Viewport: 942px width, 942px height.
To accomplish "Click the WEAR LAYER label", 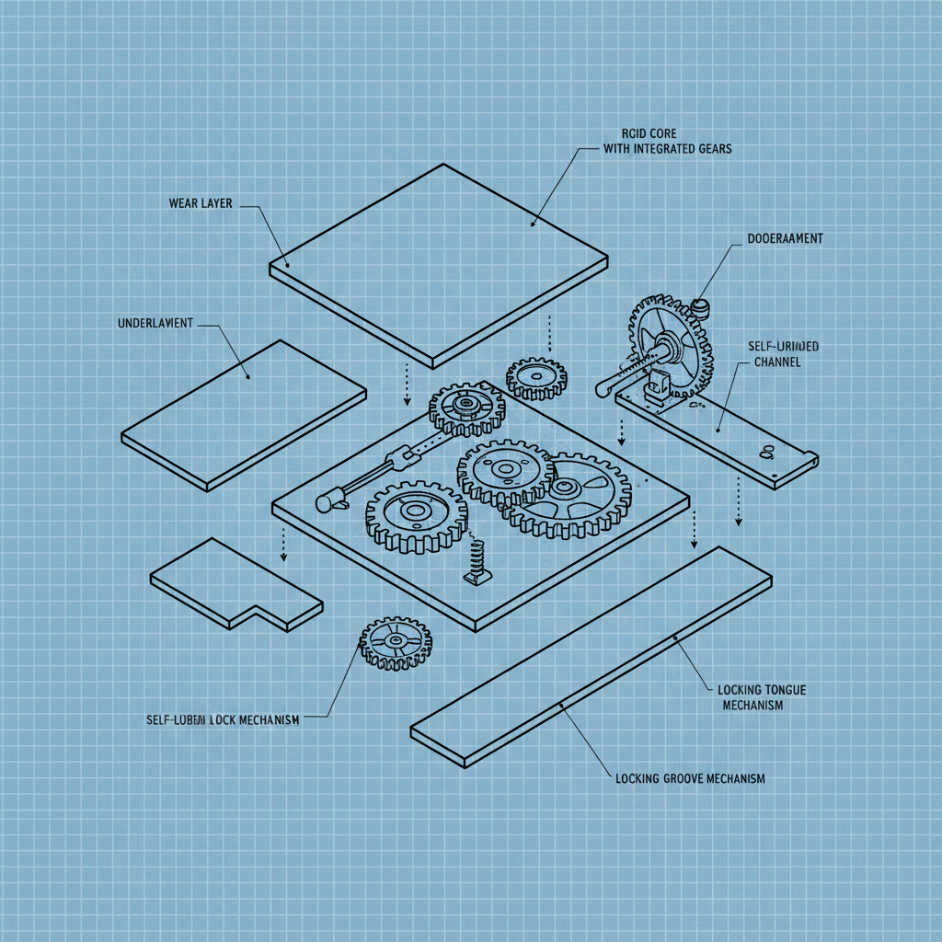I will click(201, 202).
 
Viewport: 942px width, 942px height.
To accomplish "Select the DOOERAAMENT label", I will click(780, 238).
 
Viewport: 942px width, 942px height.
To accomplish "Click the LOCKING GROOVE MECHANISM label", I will click(689, 778).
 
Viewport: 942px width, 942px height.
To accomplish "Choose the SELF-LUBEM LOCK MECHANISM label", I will click(223, 720).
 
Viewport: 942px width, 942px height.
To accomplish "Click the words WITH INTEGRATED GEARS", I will click(667, 149).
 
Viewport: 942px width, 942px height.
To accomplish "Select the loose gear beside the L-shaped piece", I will click(395, 642).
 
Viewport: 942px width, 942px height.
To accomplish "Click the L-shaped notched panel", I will click(235, 585).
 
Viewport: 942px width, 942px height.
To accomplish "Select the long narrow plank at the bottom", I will click(592, 656).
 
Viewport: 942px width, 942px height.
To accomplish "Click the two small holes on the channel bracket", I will click(765, 451).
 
